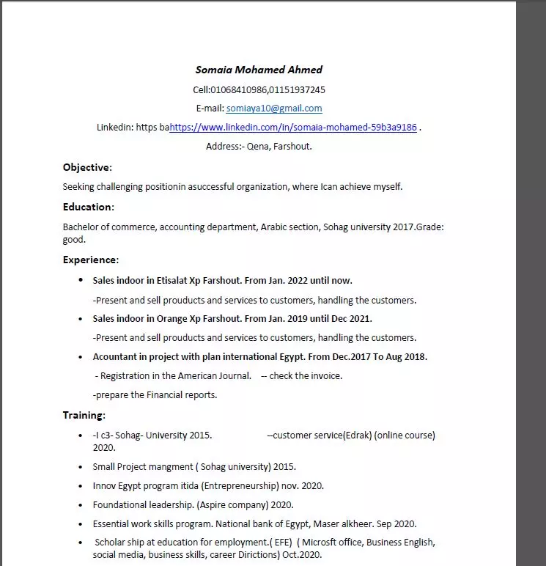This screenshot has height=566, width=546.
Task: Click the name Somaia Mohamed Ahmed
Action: [x=259, y=70]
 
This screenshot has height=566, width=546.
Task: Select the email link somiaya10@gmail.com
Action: [x=274, y=109]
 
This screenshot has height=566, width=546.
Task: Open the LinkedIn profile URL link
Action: [x=293, y=128]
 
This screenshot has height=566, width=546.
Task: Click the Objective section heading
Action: [x=86, y=167]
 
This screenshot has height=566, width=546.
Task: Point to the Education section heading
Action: [x=87, y=207]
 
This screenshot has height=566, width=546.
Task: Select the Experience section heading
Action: [x=89, y=260]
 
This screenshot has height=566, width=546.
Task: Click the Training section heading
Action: [x=83, y=415]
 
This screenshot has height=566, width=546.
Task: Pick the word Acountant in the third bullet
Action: [x=116, y=357]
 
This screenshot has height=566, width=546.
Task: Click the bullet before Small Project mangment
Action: [x=81, y=466]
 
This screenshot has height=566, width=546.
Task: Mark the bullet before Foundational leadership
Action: [x=81, y=504]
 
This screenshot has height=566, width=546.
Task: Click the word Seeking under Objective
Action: [x=78, y=187]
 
